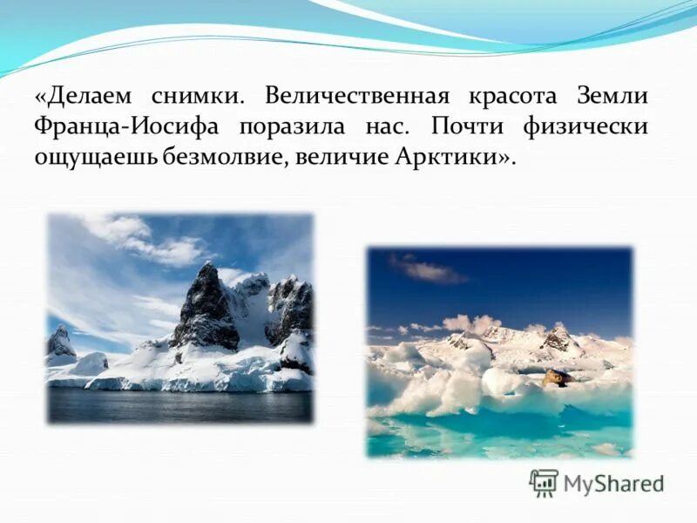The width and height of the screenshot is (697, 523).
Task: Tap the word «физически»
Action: [x=585, y=126]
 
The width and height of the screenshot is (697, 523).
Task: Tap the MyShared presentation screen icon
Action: [x=544, y=483]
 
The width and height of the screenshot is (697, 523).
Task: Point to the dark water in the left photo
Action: [x=174, y=405]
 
